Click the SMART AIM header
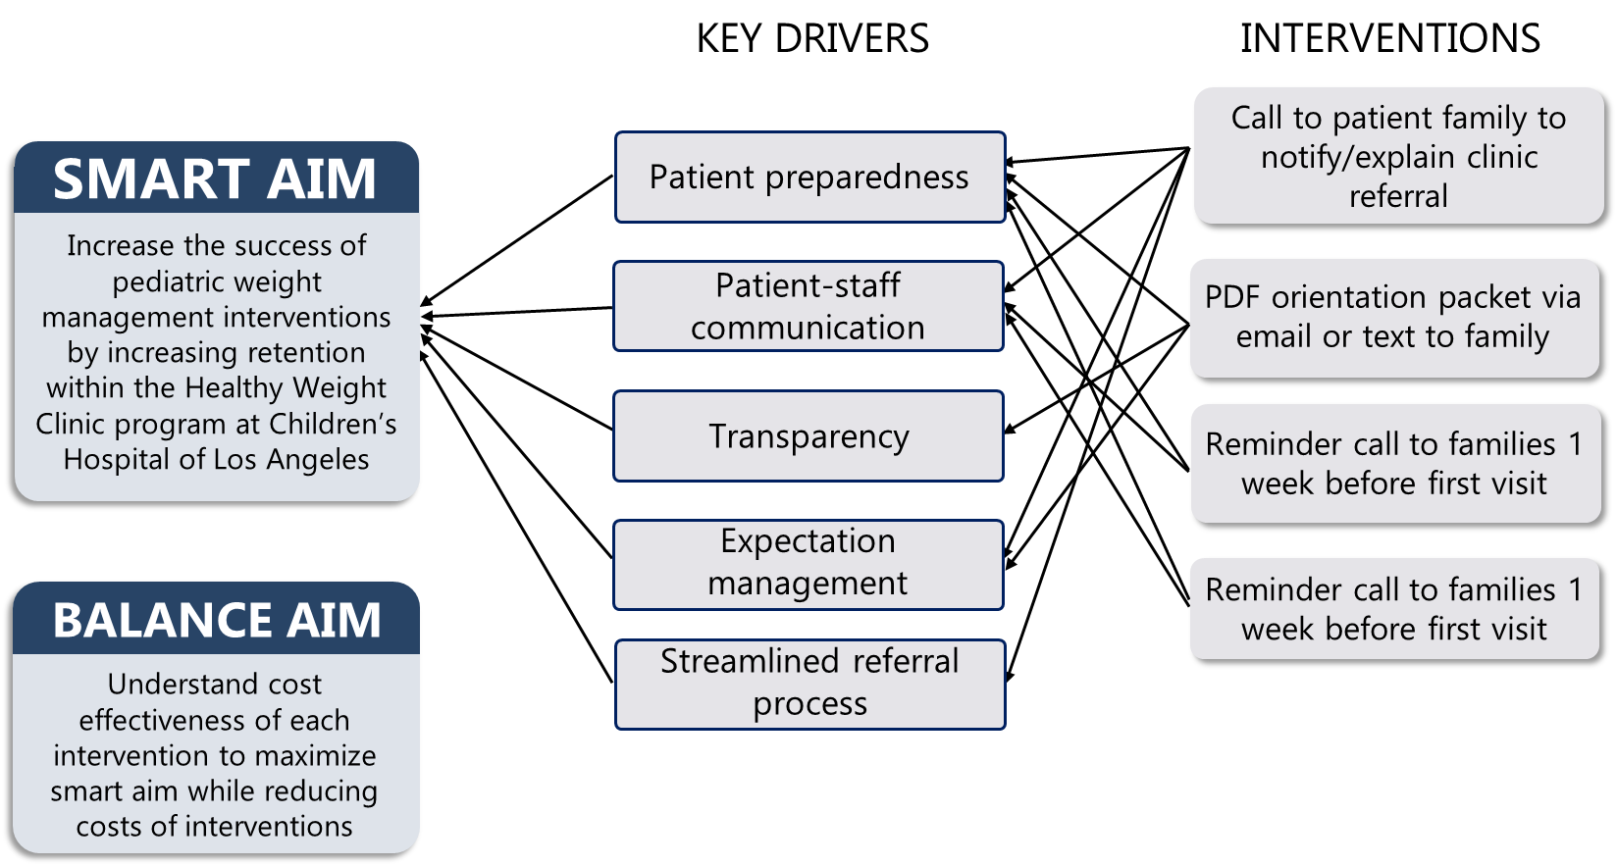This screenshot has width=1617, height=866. tap(216, 178)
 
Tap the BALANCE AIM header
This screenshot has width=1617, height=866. tap(216, 620)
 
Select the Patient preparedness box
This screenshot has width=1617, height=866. tap(809, 178)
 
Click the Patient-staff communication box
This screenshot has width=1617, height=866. tap(808, 306)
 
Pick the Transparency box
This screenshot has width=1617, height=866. tap(808, 436)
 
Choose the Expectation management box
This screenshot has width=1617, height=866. tap(808, 564)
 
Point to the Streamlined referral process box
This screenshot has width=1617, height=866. tap(809, 684)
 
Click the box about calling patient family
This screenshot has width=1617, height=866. tap(1398, 156)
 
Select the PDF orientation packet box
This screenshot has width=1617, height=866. tap(1393, 317)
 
